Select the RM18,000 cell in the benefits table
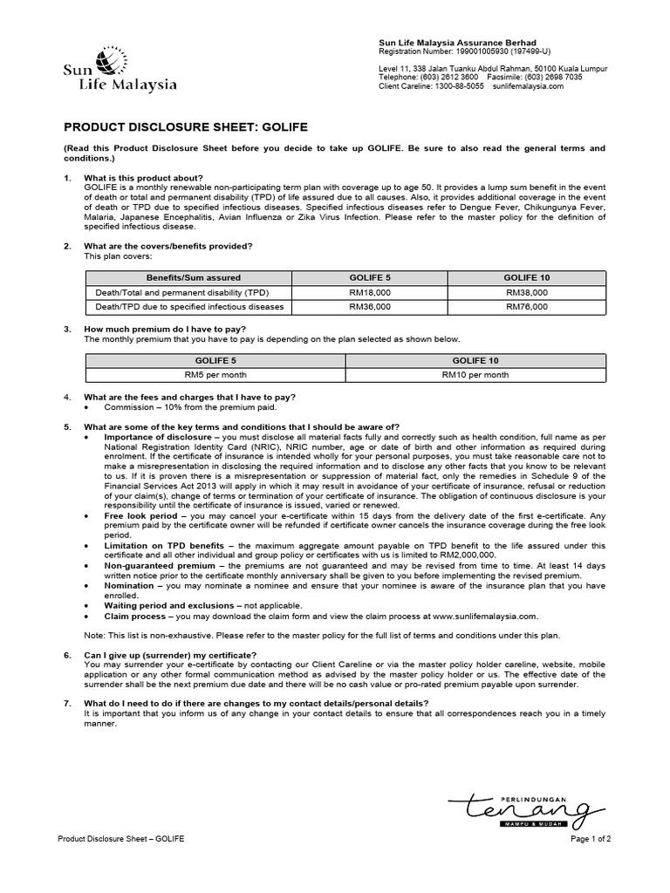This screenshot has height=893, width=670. pyautogui.click(x=370, y=292)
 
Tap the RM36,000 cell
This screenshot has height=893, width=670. pyautogui.click(x=370, y=307)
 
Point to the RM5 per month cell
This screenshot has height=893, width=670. pyautogui.click(x=215, y=374)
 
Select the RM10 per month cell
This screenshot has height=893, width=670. pyautogui.click(x=475, y=374)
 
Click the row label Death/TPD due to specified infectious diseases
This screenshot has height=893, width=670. pyautogui.click(x=189, y=307)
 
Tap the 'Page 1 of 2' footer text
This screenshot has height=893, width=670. pyautogui.click(x=591, y=839)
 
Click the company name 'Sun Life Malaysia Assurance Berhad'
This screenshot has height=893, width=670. pyautogui.click(x=457, y=43)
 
